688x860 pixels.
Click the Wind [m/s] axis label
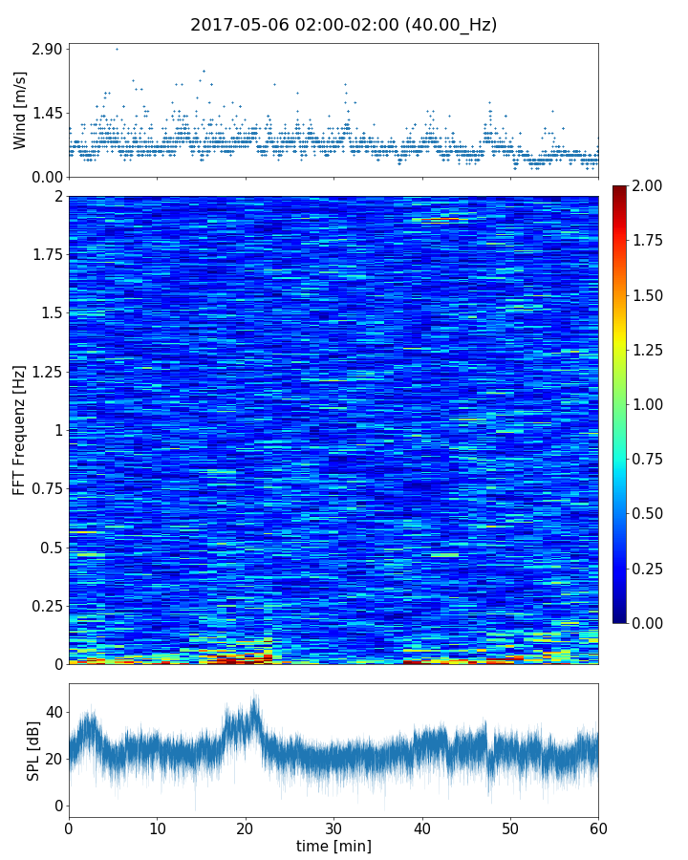[20, 110]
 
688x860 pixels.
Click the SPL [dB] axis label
[33, 750]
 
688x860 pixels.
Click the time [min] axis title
[333, 846]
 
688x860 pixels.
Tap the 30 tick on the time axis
[333, 827]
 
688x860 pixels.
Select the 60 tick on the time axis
[598, 827]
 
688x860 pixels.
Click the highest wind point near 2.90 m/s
[117, 49]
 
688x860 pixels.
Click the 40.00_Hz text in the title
[448, 25]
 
